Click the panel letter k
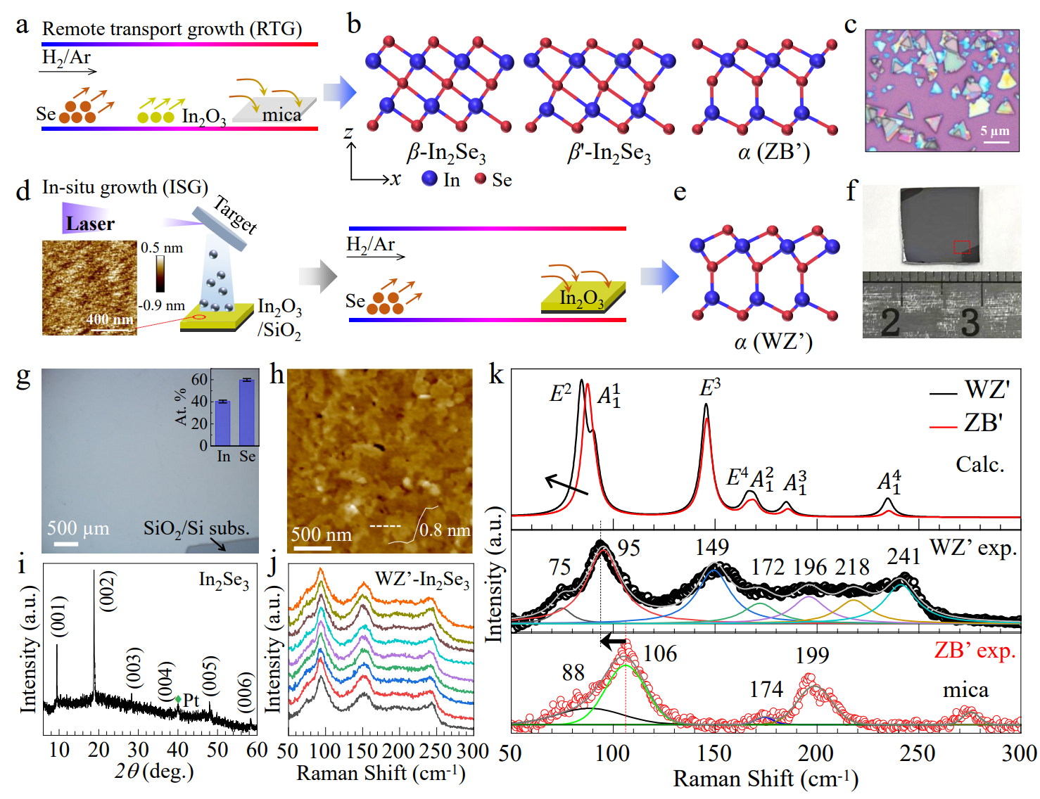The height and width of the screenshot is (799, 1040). [496, 374]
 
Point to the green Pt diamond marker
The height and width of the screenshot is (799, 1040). [179, 699]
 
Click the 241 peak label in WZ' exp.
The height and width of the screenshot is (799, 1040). [903, 557]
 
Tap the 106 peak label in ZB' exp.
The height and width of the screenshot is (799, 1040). [660, 654]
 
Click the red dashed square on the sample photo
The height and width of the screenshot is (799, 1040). [962, 247]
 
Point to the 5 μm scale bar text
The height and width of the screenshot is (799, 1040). [995, 131]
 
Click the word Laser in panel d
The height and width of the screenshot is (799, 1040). [90, 224]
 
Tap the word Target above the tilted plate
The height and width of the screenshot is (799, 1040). [235, 214]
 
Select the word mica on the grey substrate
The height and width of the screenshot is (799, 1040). [281, 115]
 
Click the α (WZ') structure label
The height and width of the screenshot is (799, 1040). [773, 343]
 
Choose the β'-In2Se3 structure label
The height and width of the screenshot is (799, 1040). [609, 153]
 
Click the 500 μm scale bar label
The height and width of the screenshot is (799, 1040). [78, 528]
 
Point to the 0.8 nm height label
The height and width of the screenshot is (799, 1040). [445, 530]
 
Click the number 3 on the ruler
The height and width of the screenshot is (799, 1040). [970, 322]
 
